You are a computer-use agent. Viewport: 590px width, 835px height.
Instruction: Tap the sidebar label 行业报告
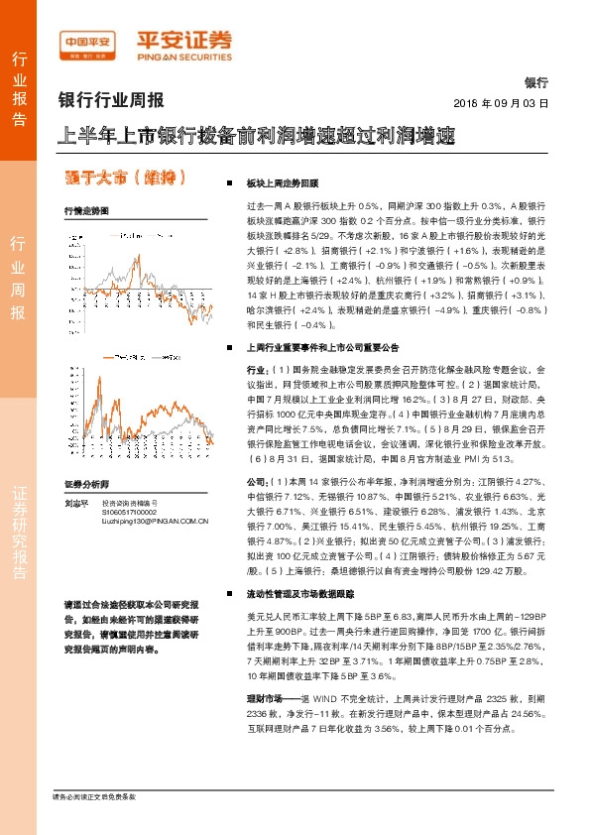coord(19,88)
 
